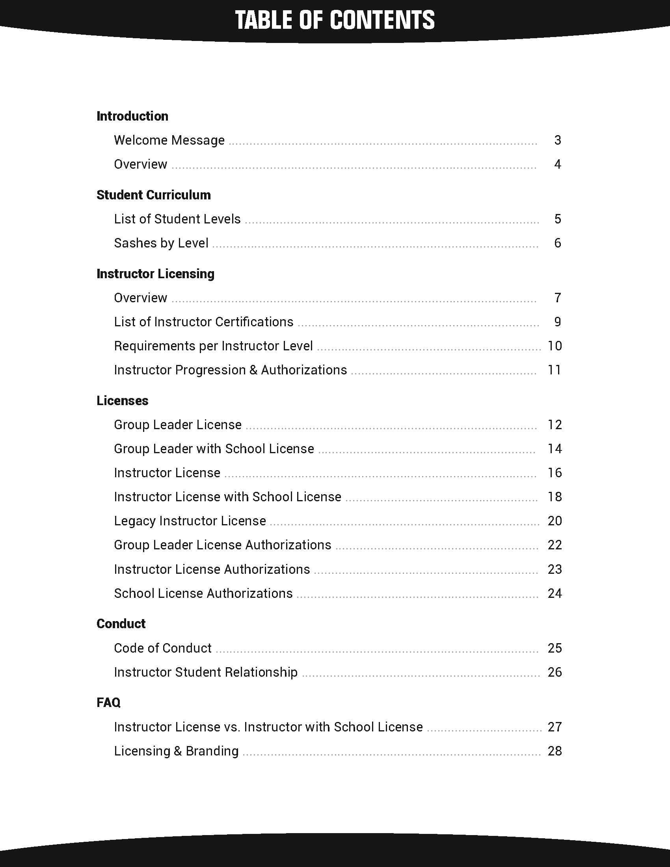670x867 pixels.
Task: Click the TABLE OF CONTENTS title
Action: click(x=335, y=20)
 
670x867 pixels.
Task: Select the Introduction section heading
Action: click(x=132, y=116)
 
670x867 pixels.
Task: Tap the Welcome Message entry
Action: click(x=169, y=140)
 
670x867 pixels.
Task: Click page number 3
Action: click(x=558, y=140)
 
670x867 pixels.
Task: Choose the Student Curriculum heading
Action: click(x=154, y=195)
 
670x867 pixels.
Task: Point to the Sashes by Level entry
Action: click(x=161, y=243)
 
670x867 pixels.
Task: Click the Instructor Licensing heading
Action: click(x=155, y=274)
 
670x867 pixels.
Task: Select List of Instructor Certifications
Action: click(x=204, y=322)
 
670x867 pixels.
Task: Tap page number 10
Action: click(x=555, y=346)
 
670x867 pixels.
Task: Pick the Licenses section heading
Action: click(x=122, y=401)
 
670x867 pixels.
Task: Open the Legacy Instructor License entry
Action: click(x=190, y=521)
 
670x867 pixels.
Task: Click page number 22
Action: click(x=555, y=545)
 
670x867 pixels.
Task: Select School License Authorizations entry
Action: click(x=203, y=594)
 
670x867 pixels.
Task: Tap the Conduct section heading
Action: click(x=121, y=624)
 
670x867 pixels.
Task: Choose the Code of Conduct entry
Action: click(x=163, y=648)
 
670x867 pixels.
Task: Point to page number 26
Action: click(x=555, y=672)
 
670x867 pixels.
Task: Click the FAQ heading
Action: click(x=108, y=703)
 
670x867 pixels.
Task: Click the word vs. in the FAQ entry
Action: click(x=232, y=727)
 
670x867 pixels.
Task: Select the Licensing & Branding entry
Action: click(x=176, y=751)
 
